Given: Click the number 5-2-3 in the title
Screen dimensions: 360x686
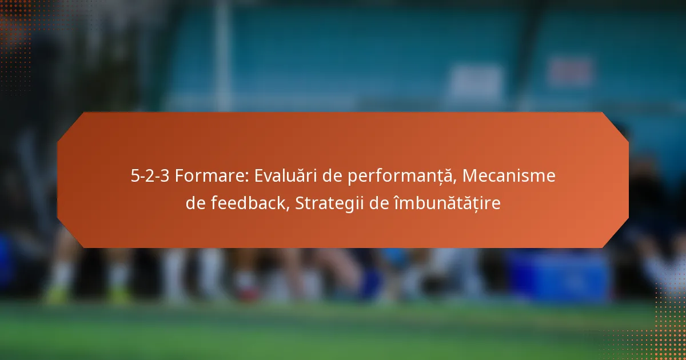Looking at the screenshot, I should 150,176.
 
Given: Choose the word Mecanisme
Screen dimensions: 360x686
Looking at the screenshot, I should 509,176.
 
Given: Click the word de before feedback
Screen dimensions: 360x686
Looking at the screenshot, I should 196,202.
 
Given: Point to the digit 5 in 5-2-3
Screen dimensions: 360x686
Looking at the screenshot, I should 135,176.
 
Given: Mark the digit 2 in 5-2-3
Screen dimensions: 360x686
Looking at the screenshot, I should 150,176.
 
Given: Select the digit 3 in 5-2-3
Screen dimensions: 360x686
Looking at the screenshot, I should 165,176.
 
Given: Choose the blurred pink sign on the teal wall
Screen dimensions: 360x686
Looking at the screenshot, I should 569,72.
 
